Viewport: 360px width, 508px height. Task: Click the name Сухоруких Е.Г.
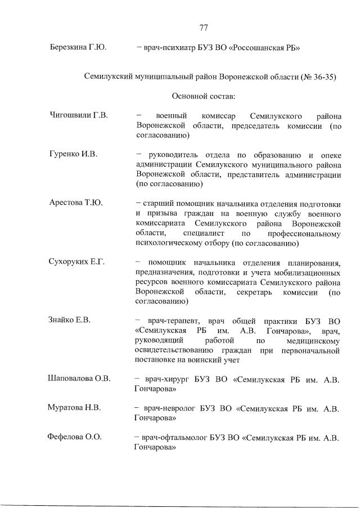tap(78, 262)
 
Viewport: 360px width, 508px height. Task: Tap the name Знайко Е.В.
tap(70, 320)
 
